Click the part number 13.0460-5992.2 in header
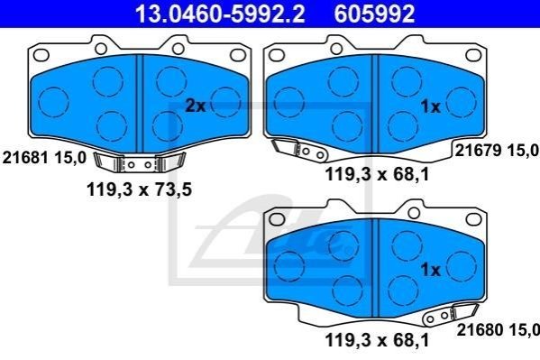point(220,14)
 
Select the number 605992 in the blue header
point(374,14)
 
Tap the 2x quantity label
point(196,106)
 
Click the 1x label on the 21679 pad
point(431,106)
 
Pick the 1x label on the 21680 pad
point(431,269)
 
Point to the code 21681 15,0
point(44,158)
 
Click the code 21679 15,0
point(497,151)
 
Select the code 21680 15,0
point(498,329)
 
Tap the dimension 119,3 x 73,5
point(139,189)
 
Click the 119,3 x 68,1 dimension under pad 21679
point(377,174)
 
